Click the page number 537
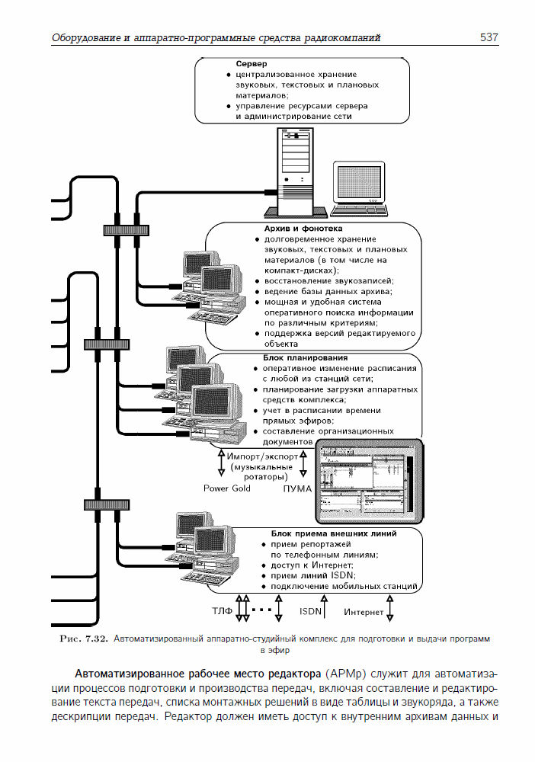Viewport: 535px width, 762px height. pyautogui.click(x=489, y=37)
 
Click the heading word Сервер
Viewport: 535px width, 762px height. pyautogui.click(x=252, y=64)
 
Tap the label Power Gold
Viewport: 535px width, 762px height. pyautogui.click(x=226, y=488)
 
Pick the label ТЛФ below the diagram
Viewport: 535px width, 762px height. pyautogui.click(x=222, y=611)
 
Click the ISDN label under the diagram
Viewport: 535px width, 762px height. pyautogui.click(x=310, y=611)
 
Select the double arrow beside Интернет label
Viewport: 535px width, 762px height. pyautogui.click(x=390, y=608)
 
